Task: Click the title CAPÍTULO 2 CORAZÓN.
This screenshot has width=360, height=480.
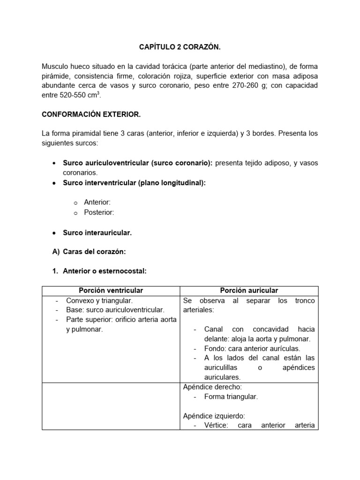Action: (x=180, y=47)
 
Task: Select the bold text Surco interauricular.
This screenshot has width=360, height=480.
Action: (x=97, y=232)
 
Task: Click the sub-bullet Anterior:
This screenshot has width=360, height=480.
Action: (x=97, y=202)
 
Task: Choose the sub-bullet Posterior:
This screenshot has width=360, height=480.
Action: (x=99, y=212)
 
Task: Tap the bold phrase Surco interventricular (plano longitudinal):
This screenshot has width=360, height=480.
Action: (x=134, y=183)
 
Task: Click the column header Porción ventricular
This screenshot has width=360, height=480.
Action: (x=111, y=291)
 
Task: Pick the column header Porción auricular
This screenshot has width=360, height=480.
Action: (x=248, y=291)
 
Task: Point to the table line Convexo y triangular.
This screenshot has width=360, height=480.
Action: (x=99, y=300)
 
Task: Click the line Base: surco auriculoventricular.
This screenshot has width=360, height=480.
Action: (x=115, y=310)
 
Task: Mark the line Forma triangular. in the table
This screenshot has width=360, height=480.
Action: (x=231, y=397)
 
